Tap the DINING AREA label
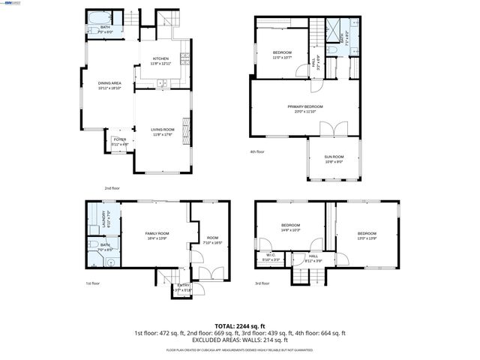pos(110,85)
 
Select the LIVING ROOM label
pos(163,132)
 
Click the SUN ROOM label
pos(334,158)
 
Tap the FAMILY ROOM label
pos(157,235)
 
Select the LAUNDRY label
pos(103,219)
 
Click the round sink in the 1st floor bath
pos(108,262)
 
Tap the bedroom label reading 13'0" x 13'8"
pos(367,235)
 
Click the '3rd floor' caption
pos(261,283)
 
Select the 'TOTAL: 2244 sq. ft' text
pos(240,326)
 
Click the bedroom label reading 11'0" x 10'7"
pos(282,54)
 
